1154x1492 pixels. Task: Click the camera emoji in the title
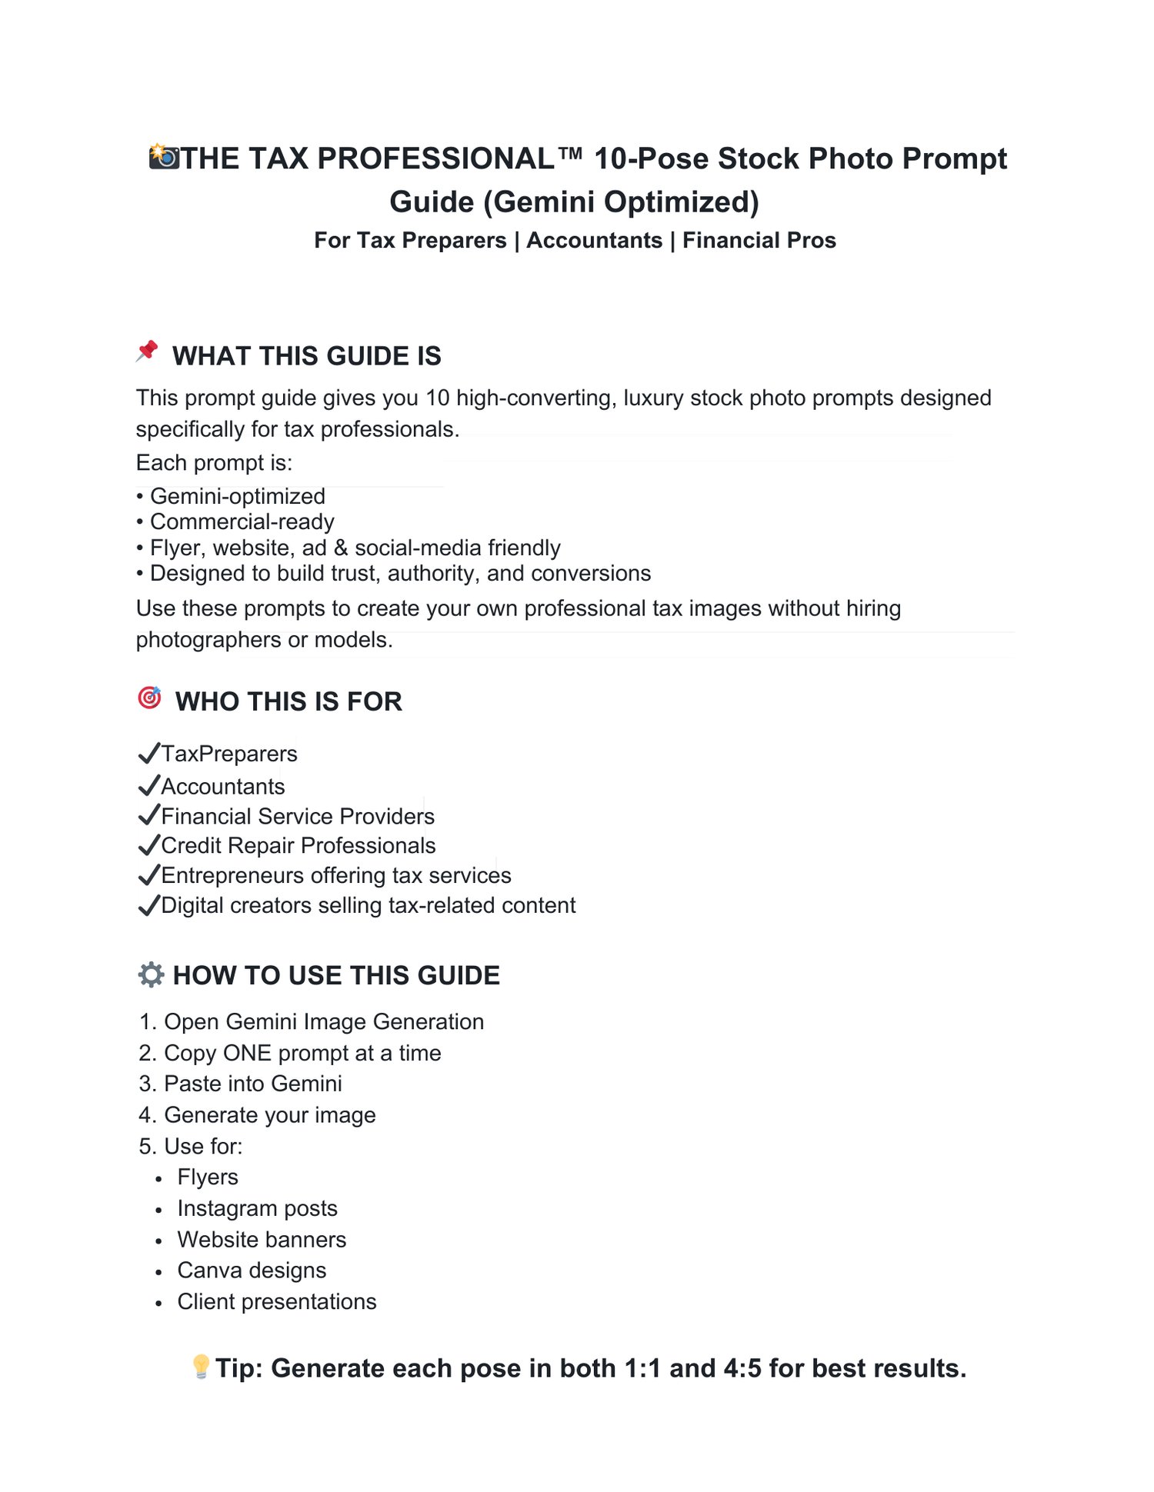point(164,157)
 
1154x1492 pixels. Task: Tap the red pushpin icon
point(147,351)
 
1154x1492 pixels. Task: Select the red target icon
point(149,698)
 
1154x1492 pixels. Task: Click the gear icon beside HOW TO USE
point(151,974)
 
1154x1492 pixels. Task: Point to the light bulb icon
point(201,1367)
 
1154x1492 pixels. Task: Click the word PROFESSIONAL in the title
point(435,158)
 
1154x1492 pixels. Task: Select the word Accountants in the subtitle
point(594,240)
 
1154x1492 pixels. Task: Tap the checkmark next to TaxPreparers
point(148,753)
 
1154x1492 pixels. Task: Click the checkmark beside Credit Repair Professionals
point(148,845)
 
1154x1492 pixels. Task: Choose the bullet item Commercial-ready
point(242,521)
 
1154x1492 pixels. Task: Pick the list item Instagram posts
point(257,1208)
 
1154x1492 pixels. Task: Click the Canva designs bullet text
point(252,1270)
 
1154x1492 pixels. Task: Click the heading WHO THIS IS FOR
point(288,701)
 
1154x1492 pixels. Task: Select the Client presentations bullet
point(276,1301)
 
